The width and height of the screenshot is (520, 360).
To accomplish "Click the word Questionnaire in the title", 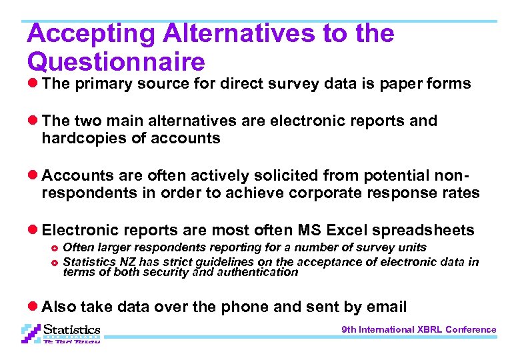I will tap(116, 62).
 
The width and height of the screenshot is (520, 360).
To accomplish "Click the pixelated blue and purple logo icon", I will tap(31, 333).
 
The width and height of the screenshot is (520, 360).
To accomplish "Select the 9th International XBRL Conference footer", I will tap(419, 329).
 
